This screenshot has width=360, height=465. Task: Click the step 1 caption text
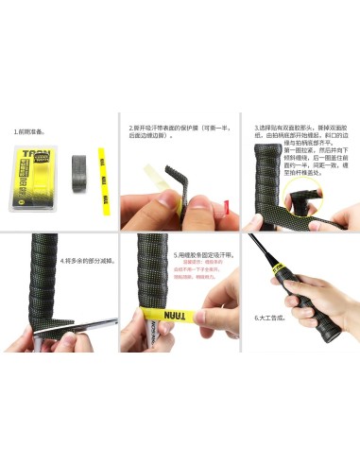tap(26, 132)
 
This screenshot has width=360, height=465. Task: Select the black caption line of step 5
tap(204, 254)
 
